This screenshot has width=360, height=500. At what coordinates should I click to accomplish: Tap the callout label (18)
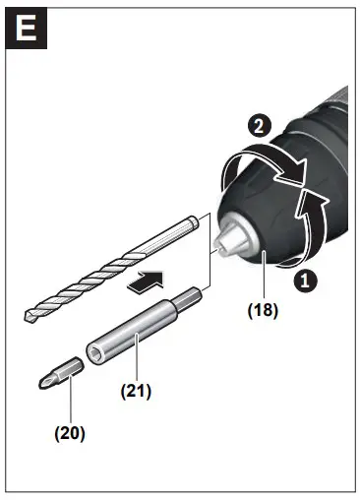click(264, 310)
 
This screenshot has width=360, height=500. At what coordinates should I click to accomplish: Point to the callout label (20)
click(70, 431)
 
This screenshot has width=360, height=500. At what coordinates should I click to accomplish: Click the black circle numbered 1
click(306, 280)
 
